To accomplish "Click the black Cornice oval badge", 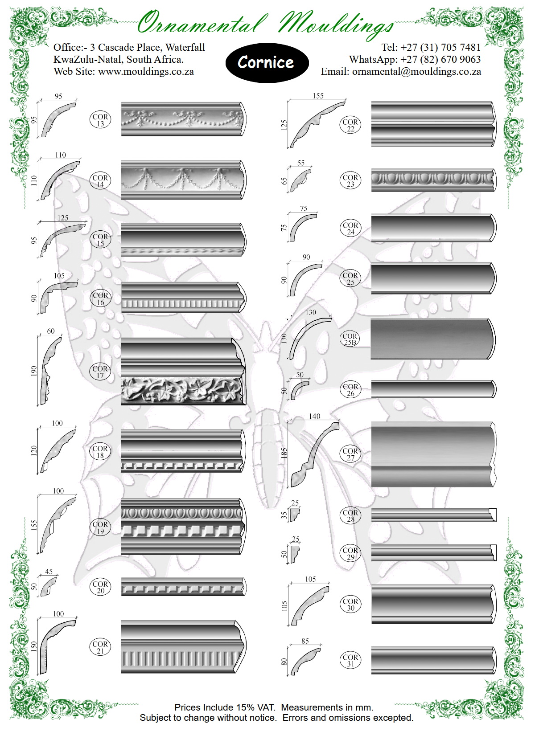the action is [267, 63].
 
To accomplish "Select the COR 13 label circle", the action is [100, 120].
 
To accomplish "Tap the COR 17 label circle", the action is [100, 372].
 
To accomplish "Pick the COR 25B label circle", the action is [350, 339].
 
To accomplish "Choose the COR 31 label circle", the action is [350, 661].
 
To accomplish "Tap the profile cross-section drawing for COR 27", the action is [315, 454].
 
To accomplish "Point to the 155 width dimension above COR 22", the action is [318, 96].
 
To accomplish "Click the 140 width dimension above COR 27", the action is [314, 416].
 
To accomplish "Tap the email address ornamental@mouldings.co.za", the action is [416, 72].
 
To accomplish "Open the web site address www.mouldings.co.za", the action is [146, 72].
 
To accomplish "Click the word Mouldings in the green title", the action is [337, 25].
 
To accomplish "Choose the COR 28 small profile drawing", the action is [294, 515].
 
